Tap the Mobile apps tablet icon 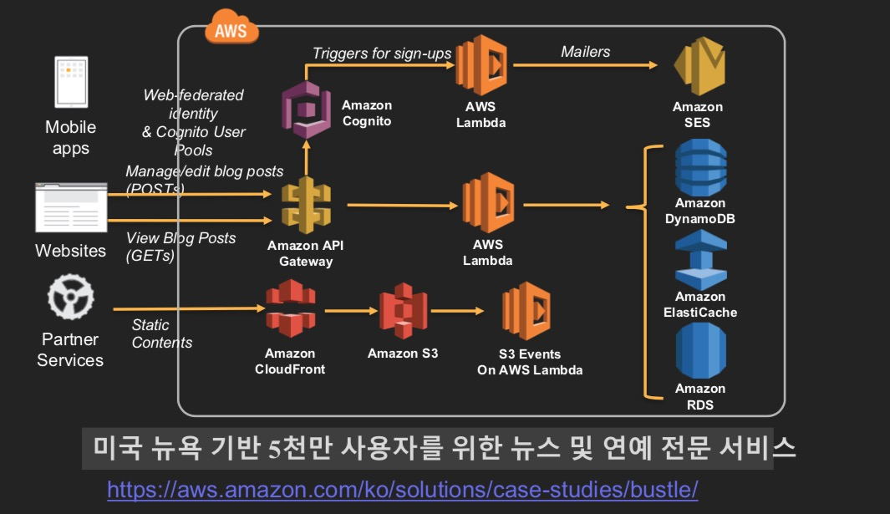point(71,82)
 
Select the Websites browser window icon point(70,207)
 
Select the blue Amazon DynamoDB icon point(700,167)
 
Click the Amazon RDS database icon point(700,351)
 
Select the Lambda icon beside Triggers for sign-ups point(482,64)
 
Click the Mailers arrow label point(585,52)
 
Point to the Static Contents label point(161,333)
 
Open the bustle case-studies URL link point(402,489)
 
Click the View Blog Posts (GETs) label point(181,247)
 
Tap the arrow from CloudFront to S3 point(346,311)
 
